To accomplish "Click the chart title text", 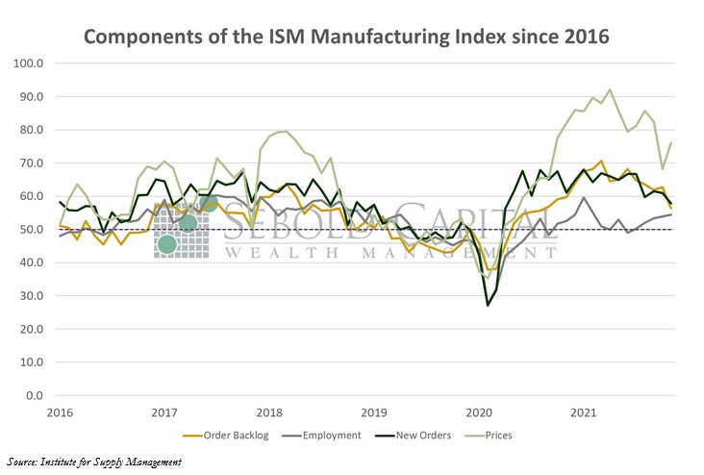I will click(x=347, y=37).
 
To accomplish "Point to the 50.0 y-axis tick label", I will click(x=32, y=230).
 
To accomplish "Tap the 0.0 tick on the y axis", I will click(x=35, y=395).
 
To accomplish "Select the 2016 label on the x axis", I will click(x=59, y=412).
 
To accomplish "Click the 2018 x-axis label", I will click(x=268, y=412).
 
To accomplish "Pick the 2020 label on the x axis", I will click(x=478, y=412).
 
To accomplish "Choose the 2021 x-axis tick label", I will click(x=583, y=412).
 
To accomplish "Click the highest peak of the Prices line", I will click(x=610, y=89).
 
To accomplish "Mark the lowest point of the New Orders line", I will click(x=488, y=305).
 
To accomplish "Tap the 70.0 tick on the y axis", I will click(x=32, y=163).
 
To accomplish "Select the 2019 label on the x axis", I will click(x=373, y=412).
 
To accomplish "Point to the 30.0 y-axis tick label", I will click(x=32, y=296).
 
